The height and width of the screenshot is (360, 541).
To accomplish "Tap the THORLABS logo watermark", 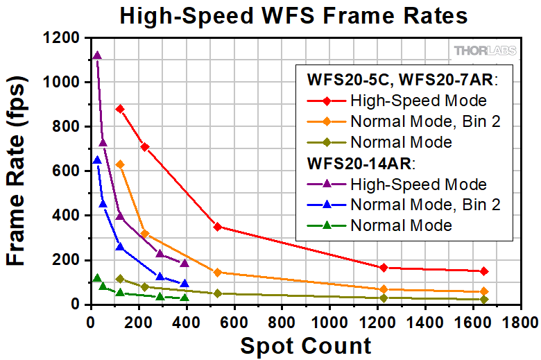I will click(485, 50).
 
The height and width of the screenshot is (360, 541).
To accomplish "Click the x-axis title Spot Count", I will click(305, 345).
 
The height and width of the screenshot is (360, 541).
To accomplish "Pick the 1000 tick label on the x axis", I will click(331, 323).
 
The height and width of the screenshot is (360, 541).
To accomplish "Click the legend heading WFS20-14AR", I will click(361, 164).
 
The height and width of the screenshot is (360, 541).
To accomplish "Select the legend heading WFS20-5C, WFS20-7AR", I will click(404, 80).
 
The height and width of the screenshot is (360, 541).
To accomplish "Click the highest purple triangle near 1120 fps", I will click(97, 55).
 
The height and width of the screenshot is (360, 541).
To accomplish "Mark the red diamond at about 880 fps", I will click(120, 109).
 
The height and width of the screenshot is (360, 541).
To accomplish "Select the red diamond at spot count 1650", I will click(484, 271).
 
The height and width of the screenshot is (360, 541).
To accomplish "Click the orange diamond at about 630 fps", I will click(120, 164).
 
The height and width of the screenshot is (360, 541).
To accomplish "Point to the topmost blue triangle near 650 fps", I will click(97, 160).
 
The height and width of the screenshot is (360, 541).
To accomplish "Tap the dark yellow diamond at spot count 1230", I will click(384, 298).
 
